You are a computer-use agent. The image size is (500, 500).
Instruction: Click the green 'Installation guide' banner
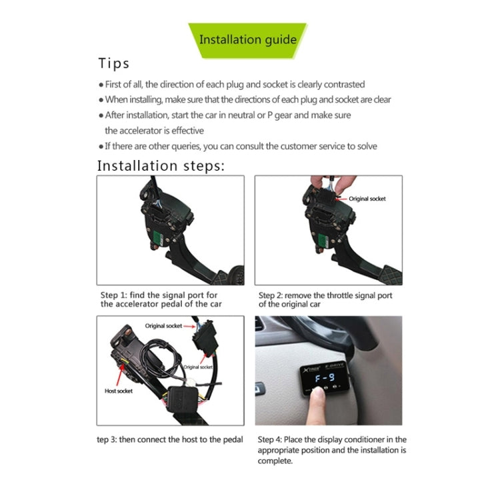tap(247, 39)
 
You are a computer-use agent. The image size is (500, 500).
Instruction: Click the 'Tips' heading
tap(113, 64)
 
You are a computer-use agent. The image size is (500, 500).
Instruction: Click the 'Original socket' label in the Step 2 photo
tap(367, 199)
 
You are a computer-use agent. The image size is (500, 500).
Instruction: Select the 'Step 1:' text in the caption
tap(114, 295)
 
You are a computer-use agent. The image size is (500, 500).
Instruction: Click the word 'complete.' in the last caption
tap(275, 461)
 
